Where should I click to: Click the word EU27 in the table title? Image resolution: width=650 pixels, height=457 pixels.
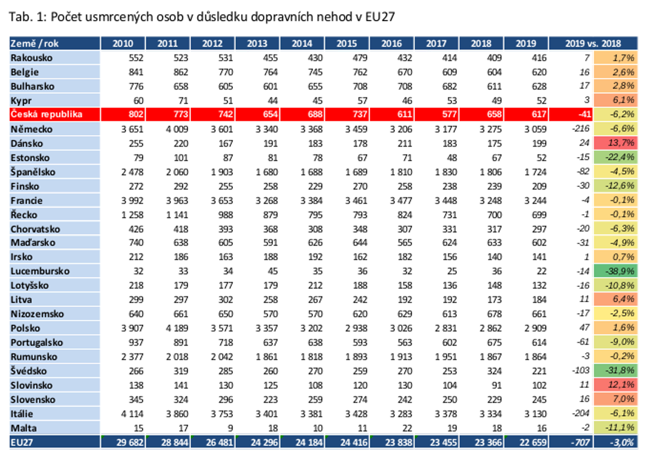(380, 17)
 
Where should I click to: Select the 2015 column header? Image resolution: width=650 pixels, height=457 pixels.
(346, 44)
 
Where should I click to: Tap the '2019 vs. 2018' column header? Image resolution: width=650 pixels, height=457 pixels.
(593, 44)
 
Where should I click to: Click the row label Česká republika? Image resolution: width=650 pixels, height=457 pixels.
(46, 114)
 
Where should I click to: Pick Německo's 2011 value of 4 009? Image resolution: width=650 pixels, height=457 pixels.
(177, 129)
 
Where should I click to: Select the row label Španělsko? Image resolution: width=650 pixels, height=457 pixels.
(33, 172)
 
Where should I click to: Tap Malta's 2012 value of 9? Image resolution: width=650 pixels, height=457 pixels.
(230, 428)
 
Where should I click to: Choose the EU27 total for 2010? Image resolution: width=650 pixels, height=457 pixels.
(130, 442)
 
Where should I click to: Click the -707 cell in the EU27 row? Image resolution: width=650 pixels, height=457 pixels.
(580, 442)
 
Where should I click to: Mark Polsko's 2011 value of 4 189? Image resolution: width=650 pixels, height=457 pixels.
(177, 328)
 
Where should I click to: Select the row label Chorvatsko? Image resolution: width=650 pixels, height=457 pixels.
(35, 229)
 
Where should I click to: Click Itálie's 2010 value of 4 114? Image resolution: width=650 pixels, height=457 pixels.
(132, 414)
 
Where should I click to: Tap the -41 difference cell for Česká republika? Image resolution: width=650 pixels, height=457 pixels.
(585, 114)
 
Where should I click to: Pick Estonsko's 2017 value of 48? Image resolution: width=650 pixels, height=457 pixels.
(452, 157)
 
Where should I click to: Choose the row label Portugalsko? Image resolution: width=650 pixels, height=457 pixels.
(37, 343)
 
